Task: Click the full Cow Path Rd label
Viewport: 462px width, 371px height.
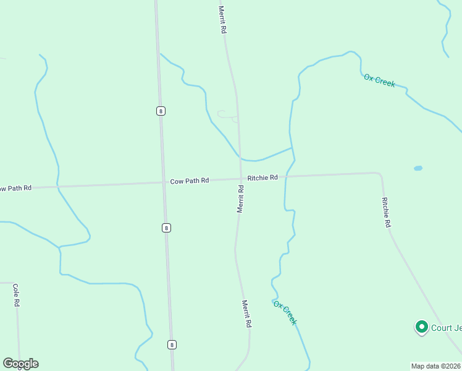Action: tap(190, 181)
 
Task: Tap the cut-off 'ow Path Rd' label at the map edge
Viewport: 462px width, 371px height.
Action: tap(15, 187)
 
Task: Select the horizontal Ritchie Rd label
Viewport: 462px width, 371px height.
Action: tap(262, 177)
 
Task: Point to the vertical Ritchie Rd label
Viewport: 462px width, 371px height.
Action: tap(387, 213)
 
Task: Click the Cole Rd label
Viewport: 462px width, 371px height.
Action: tap(17, 296)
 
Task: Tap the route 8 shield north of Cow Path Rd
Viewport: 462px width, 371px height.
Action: tap(161, 111)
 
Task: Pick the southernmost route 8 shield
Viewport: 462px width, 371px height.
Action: tap(171, 344)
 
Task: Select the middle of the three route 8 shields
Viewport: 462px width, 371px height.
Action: tap(166, 228)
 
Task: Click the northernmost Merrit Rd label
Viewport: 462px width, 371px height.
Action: tap(222, 20)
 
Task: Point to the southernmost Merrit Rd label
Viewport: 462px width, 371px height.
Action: tap(246, 313)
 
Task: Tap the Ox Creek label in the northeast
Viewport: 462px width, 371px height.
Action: tap(379, 80)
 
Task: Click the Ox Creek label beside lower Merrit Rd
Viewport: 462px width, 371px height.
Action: tap(285, 313)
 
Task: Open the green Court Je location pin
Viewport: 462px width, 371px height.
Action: tap(422, 327)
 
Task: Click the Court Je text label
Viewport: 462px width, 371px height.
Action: tap(446, 328)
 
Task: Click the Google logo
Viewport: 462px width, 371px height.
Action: tap(20, 364)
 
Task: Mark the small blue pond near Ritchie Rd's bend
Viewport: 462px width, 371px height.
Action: tap(418, 168)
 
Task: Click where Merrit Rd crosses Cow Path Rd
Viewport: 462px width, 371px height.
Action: tap(240, 179)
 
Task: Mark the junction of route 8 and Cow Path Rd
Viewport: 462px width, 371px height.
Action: tap(164, 182)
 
